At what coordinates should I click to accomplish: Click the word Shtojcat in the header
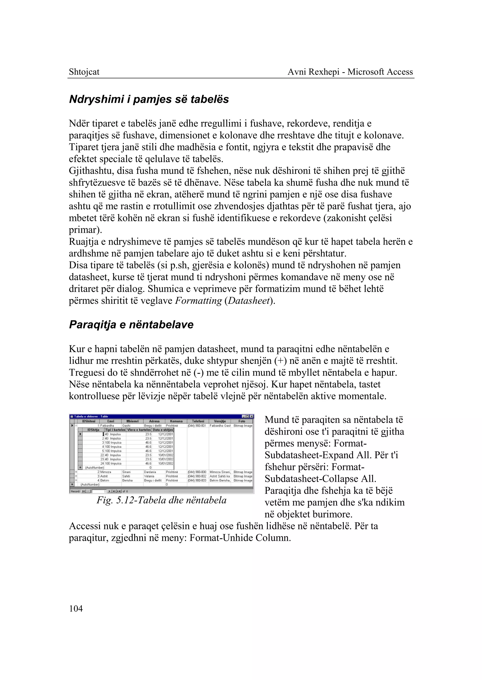click(84, 72)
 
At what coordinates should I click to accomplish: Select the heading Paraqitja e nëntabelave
click(131, 324)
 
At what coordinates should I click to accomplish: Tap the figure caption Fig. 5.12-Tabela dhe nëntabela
click(161, 501)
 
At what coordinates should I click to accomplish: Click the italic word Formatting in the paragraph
click(198, 301)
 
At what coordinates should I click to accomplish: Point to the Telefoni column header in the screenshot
click(198, 421)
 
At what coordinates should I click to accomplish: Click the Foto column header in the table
click(242, 421)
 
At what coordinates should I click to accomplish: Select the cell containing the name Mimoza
click(106, 472)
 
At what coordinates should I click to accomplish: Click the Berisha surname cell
click(127, 480)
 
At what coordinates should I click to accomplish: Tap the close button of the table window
click(252, 416)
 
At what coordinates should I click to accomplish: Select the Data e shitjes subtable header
click(163, 430)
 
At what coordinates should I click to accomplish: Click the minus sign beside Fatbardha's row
click(76, 426)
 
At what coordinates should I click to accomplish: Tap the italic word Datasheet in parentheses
click(249, 301)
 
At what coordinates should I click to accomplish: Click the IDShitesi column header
click(88, 421)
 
